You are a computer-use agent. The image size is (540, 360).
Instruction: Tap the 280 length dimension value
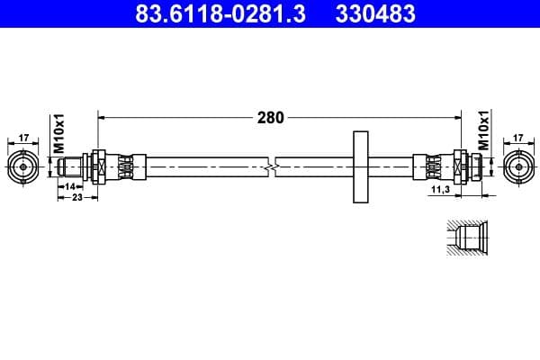coord(270,117)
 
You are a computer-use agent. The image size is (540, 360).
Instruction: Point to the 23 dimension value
coord(76,197)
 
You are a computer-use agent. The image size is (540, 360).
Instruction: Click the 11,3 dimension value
coord(440,191)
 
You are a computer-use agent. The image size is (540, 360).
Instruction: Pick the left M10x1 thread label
coord(59,133)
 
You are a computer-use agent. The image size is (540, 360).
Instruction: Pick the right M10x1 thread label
coord(482,131)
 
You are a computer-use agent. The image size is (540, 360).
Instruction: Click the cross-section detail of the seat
coord(466,237)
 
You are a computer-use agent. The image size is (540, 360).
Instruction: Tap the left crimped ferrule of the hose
coord(126,166)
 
